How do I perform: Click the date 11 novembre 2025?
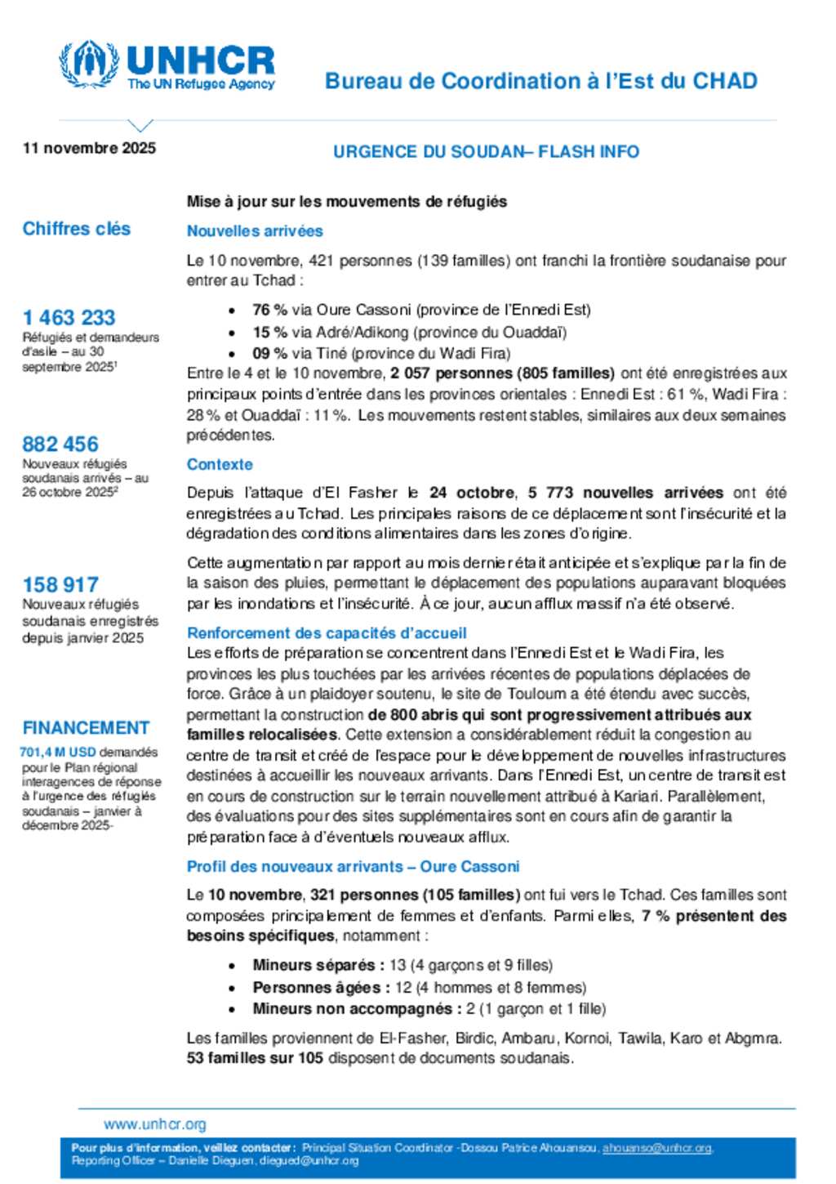pos(89,148)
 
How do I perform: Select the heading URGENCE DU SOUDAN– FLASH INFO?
pos(486,151)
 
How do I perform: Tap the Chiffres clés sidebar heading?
pos(76,229)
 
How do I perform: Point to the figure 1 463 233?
pos(69,317)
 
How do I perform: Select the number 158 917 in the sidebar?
pos(60,584)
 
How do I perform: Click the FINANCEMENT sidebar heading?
pos(86,727)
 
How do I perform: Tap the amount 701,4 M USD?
pos(58,752)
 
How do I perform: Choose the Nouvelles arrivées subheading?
pos(255,231)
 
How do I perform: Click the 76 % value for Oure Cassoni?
pos(269,310)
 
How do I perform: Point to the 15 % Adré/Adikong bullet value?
pos(269,332)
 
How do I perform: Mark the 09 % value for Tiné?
pos(269,353)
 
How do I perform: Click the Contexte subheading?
pos(220,464)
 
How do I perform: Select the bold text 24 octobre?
pos(472,493)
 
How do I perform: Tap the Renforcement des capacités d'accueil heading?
pos(327,632)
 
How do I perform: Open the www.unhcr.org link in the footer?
pos(155,1124)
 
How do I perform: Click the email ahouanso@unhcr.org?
pos(656,1148)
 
